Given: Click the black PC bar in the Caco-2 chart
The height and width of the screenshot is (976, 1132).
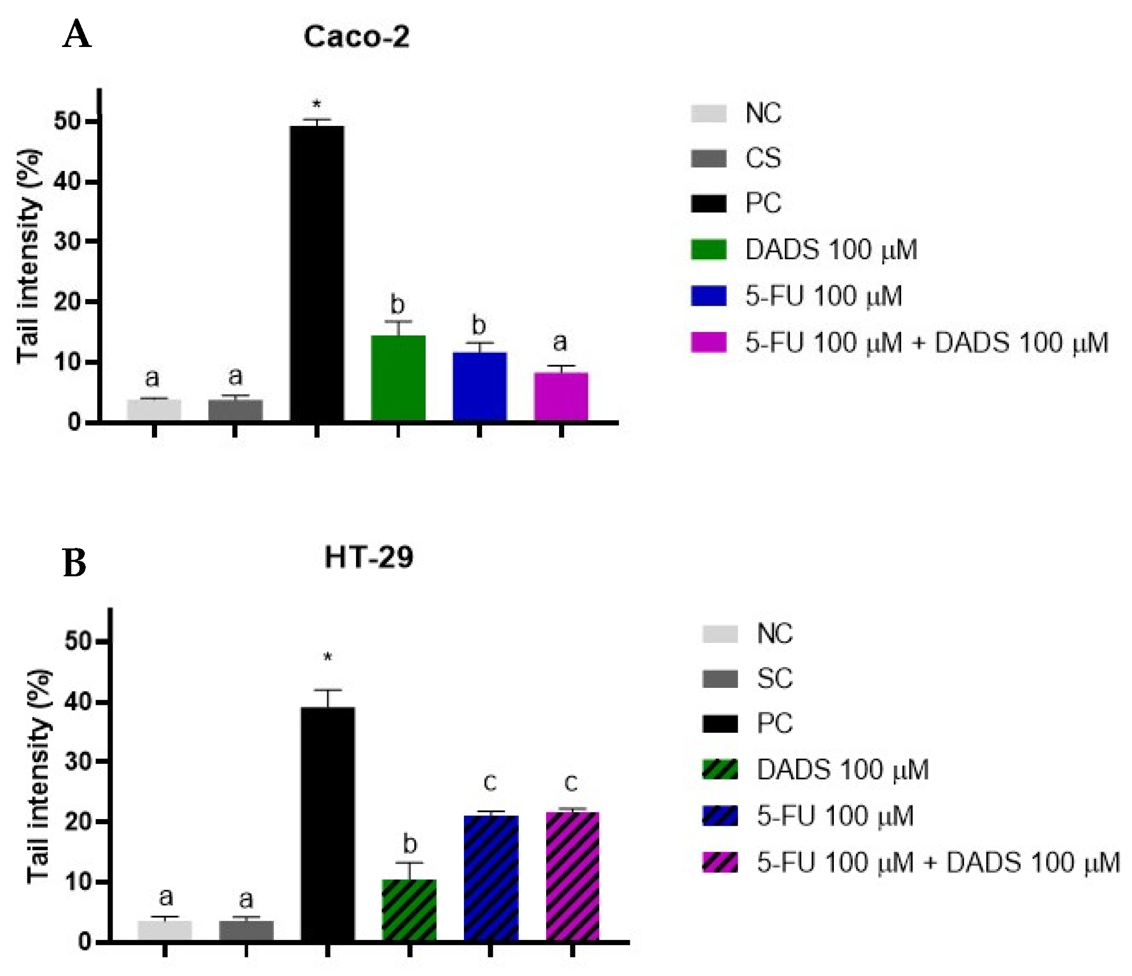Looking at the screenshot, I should (317, 273).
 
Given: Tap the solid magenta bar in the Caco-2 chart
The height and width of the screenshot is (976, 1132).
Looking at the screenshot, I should (561, 397).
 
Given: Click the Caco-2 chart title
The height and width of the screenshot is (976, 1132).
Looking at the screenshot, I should (356, 37).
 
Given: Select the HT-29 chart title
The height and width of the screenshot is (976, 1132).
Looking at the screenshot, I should (369, 558).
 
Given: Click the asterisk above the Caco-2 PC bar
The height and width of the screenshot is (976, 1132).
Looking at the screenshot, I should (316, 104).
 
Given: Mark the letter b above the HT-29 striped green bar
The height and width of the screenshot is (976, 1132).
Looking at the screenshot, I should (410, 844).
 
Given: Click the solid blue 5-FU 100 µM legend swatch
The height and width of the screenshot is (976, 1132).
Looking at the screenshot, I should (708, 295).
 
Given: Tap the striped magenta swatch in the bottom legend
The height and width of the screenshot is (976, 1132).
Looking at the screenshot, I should (720, 862).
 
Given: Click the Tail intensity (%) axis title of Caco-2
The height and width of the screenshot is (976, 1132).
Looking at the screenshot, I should (28, 256).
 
